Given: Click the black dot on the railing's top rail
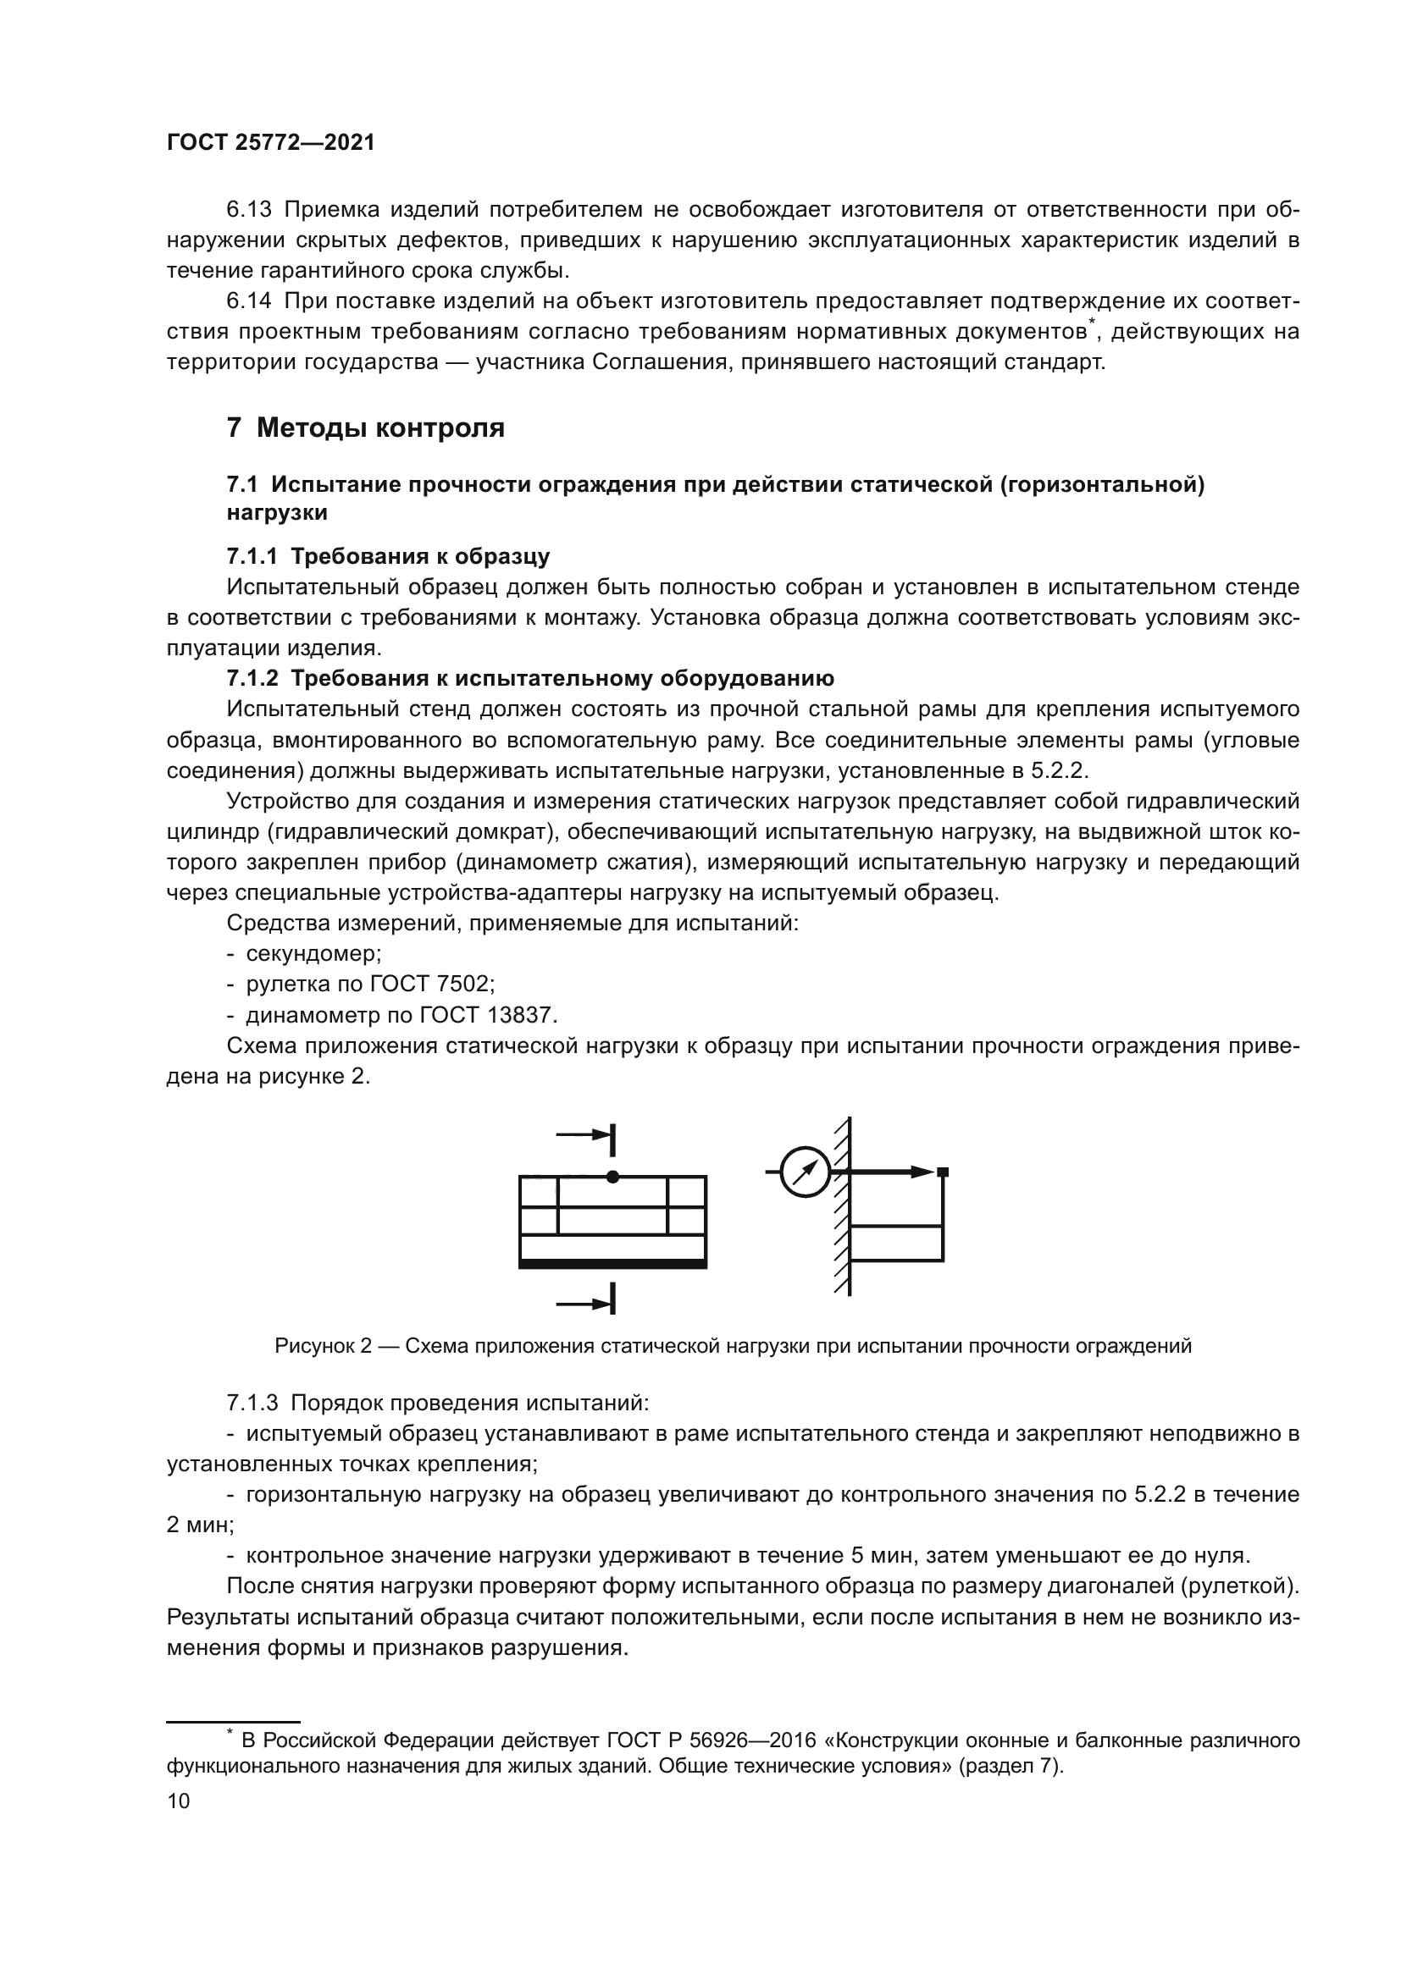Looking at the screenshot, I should [x=612, y=1177].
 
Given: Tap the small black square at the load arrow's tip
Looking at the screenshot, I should [x=943, y=1172].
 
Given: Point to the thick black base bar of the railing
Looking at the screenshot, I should [x=612, y=1264].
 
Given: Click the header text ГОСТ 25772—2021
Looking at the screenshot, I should [x=271, y=143].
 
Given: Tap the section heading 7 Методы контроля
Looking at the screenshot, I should [x=366, y=427].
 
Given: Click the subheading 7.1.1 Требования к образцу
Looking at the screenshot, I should [x=388, y=556].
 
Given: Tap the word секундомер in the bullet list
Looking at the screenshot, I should [x=313, y=954].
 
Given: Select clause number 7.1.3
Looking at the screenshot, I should [x=252, y=1403].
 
